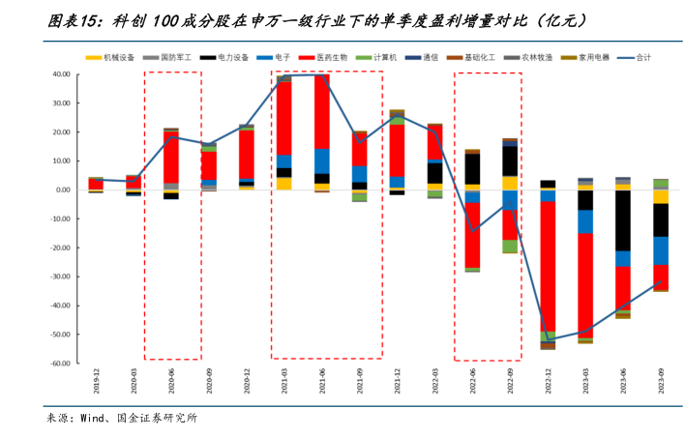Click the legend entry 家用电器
593,58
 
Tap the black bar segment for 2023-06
623,220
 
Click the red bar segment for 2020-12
247,153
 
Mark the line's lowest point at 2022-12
548,340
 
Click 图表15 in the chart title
73,19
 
